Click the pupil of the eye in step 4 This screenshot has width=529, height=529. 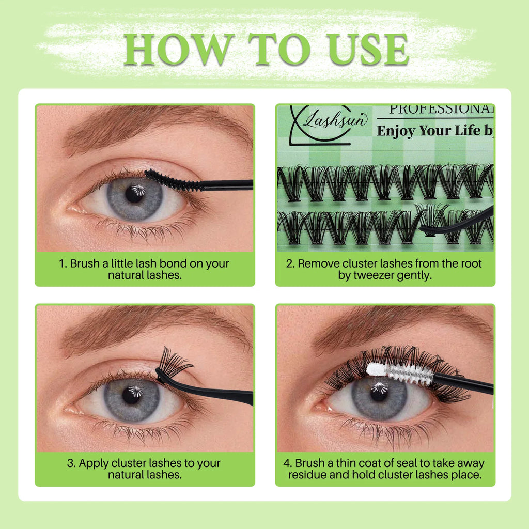coord(379,393)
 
